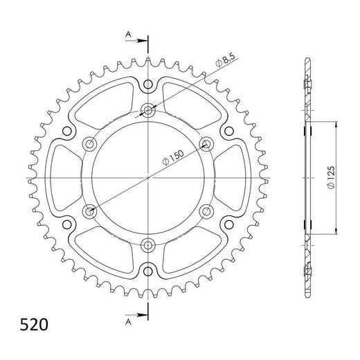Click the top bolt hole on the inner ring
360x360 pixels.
[x=149, y=111]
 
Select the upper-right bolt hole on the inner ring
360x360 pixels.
[x=206, y=144]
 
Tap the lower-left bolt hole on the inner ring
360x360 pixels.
[x=90, y=210]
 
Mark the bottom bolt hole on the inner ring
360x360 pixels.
[x=149, y=244]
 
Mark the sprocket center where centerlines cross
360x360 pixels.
[x=149, y=177]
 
